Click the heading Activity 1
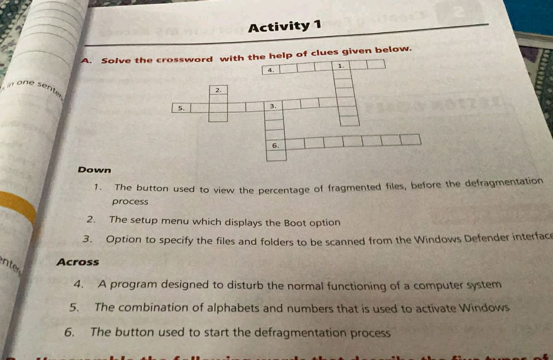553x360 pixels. pyautogui.click(x=285, y=27)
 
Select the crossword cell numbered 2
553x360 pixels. pyautogui.click(x=219, y=89)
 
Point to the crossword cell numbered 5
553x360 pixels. pyautogui.click(x=181, y=108)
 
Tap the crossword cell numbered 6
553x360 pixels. pyautogui.click(x=276, y=145)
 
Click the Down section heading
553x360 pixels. pyautogui.click(x=94, y=169)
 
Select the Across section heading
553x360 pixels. pyautogui.click(x=78, y=262)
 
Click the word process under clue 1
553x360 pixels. pyautogui.click(x=130, y=201)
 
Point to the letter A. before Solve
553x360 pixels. pyautogui.click(x=86, y=61)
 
